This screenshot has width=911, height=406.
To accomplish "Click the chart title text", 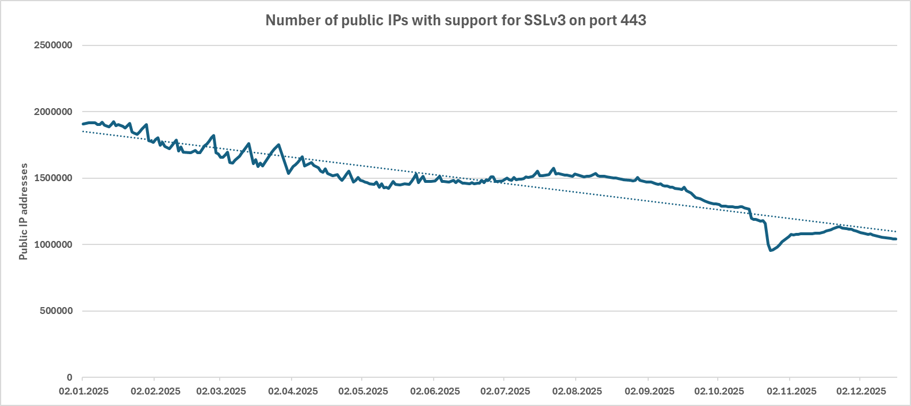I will click(455, 21).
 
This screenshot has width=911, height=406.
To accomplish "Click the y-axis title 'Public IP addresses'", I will click(24, 212).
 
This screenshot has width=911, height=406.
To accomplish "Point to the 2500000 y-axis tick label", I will click(53, 45).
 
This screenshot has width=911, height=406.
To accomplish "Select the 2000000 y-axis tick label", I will click(53, 112).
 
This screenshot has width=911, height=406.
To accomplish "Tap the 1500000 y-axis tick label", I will click(53, 178).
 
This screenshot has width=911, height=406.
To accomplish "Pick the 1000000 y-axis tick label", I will click(53, 244).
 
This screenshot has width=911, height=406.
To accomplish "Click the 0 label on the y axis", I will click(70, 377).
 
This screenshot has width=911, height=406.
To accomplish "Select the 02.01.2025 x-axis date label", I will click(83, 391).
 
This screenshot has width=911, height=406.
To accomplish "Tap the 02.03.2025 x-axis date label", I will click(221, 391).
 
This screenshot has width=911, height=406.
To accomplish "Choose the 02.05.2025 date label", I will click(363, 391).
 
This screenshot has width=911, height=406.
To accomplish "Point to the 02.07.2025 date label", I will click(505, 391).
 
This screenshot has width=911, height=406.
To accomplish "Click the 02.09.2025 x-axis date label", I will click(649, 391).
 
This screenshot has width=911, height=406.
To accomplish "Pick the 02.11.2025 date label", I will click(791, 391).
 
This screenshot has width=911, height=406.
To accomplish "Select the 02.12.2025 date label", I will click(861, 391).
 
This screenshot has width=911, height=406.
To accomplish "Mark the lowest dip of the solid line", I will click(771, 250).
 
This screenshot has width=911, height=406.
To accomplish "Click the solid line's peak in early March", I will click(214, 136).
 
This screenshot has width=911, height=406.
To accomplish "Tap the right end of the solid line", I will click(896, 239).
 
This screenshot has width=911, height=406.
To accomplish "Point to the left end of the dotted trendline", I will click(83, 131).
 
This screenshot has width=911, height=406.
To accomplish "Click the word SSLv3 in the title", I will click(544, 21).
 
